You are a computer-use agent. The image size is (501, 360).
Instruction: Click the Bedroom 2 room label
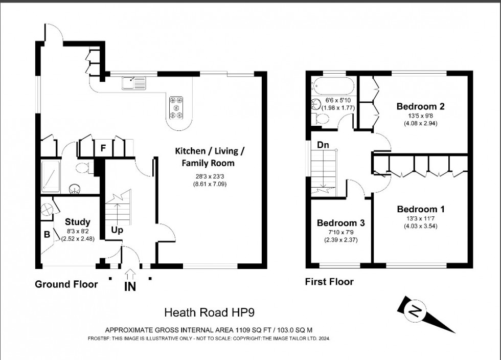[420, 107]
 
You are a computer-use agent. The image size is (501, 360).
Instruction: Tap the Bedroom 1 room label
[420, 209]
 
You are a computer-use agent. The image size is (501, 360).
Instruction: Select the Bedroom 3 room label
[340, 223]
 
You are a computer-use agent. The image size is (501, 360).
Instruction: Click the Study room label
[78, 222]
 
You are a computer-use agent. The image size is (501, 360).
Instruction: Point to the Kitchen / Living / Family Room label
[210, 157]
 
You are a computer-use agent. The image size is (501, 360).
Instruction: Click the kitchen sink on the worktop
[133, 82]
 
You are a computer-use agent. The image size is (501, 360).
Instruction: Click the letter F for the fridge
[103, 149]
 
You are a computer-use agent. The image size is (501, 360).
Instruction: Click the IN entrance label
[130, 286]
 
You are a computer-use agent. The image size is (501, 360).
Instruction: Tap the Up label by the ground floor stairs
[117, 230]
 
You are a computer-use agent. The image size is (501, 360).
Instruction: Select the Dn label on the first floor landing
[323, 145]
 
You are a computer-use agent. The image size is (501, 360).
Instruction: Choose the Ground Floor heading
[66, 284]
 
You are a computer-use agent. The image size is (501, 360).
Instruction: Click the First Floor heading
[329, 282]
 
